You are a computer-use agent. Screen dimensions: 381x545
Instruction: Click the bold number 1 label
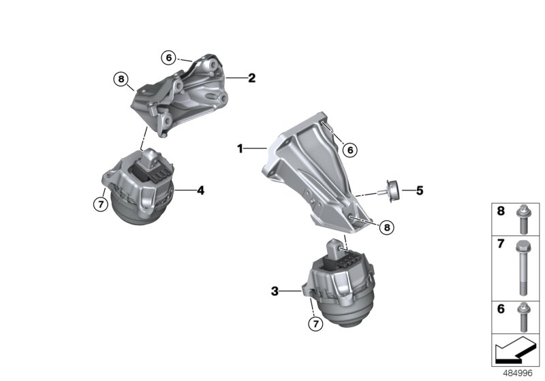(240, 148)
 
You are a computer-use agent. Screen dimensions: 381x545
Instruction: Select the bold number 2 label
(251, 78)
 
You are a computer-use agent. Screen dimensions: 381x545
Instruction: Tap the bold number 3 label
(275, 291)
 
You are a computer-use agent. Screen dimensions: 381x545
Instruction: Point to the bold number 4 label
(200, 191)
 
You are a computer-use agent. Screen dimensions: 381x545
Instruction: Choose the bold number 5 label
(420, 191)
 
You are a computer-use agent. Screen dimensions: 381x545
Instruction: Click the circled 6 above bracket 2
(168, 58)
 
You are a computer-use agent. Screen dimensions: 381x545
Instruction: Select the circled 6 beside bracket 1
(349, 149)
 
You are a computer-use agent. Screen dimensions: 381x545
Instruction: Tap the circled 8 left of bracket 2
(121, 80)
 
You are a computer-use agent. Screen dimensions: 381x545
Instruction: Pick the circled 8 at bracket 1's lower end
(386, 228)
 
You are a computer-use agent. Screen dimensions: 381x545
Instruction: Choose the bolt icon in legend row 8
(522, 218)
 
